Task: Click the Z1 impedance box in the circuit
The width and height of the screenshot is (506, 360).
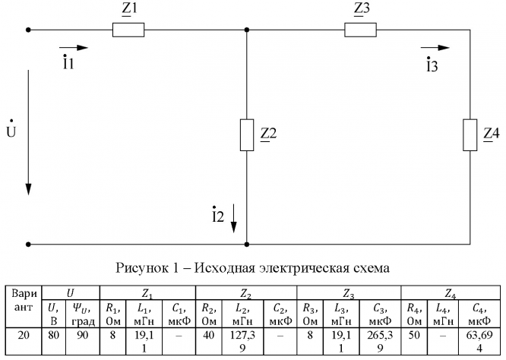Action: click(128, 30)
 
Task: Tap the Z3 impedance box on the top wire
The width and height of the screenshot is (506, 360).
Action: click(361, 30)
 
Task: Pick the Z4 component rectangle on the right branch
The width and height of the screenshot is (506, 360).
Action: click(470, 134)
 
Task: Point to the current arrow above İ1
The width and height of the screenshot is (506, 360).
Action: click(77, 48)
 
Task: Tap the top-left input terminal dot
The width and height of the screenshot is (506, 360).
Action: click(28, 30)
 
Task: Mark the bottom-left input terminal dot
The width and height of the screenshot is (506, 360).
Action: click(28, 245)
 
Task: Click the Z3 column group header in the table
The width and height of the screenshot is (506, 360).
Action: click(347, 292)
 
